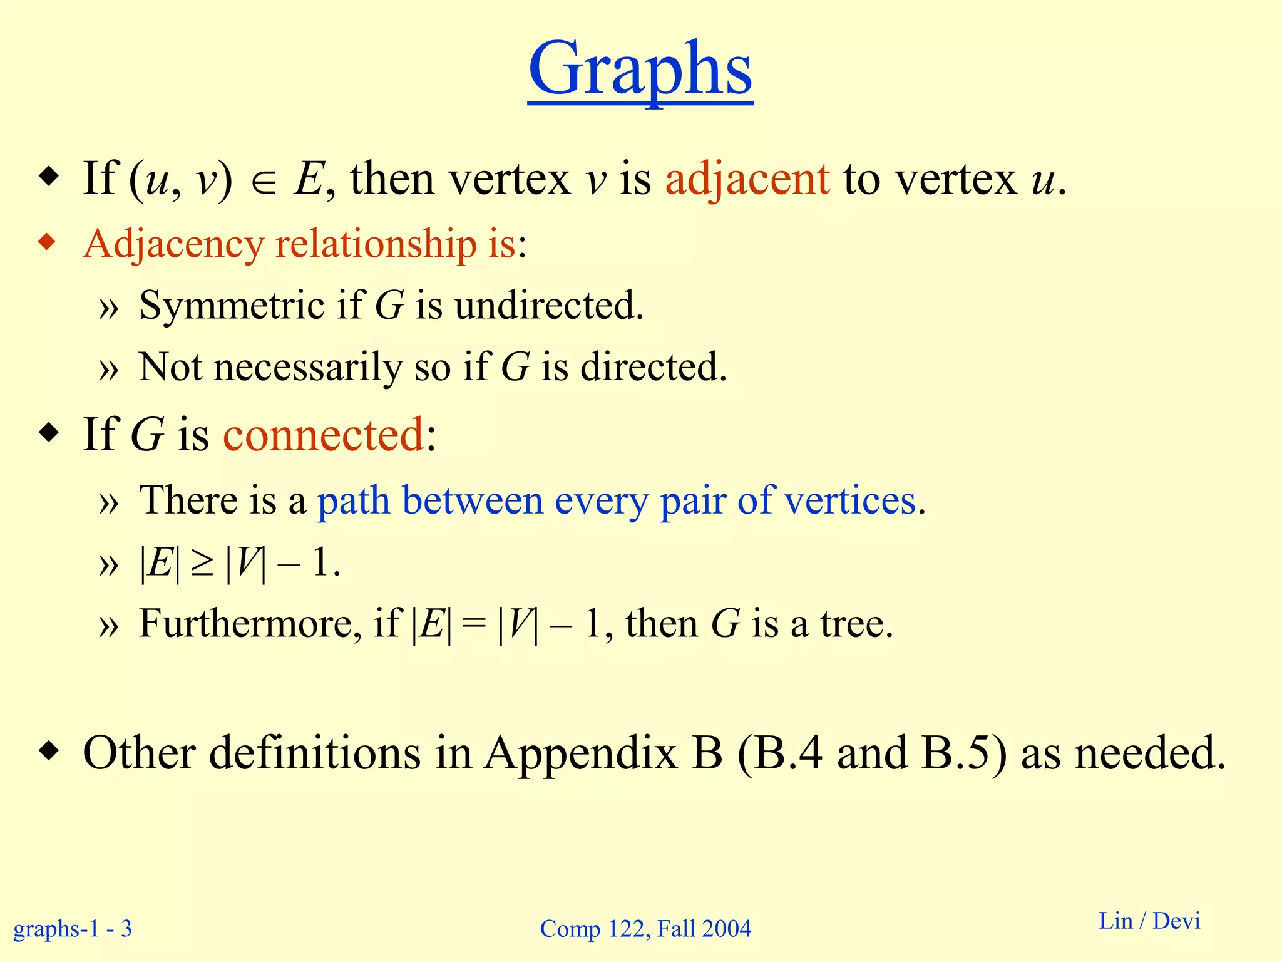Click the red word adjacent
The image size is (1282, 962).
pos(747,180)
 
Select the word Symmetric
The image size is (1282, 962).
pos(232,306)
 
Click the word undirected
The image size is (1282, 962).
pos(548,306)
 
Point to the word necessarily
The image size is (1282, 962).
pos(308,367)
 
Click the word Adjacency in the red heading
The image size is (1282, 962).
pos(173,244)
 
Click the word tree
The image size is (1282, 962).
pos(856,624)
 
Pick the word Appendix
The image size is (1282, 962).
pos(581,753)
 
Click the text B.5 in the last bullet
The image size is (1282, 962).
pos(964,753)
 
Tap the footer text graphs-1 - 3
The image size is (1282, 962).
pos(73,928)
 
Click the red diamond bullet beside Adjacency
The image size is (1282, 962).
pos(48,242)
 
